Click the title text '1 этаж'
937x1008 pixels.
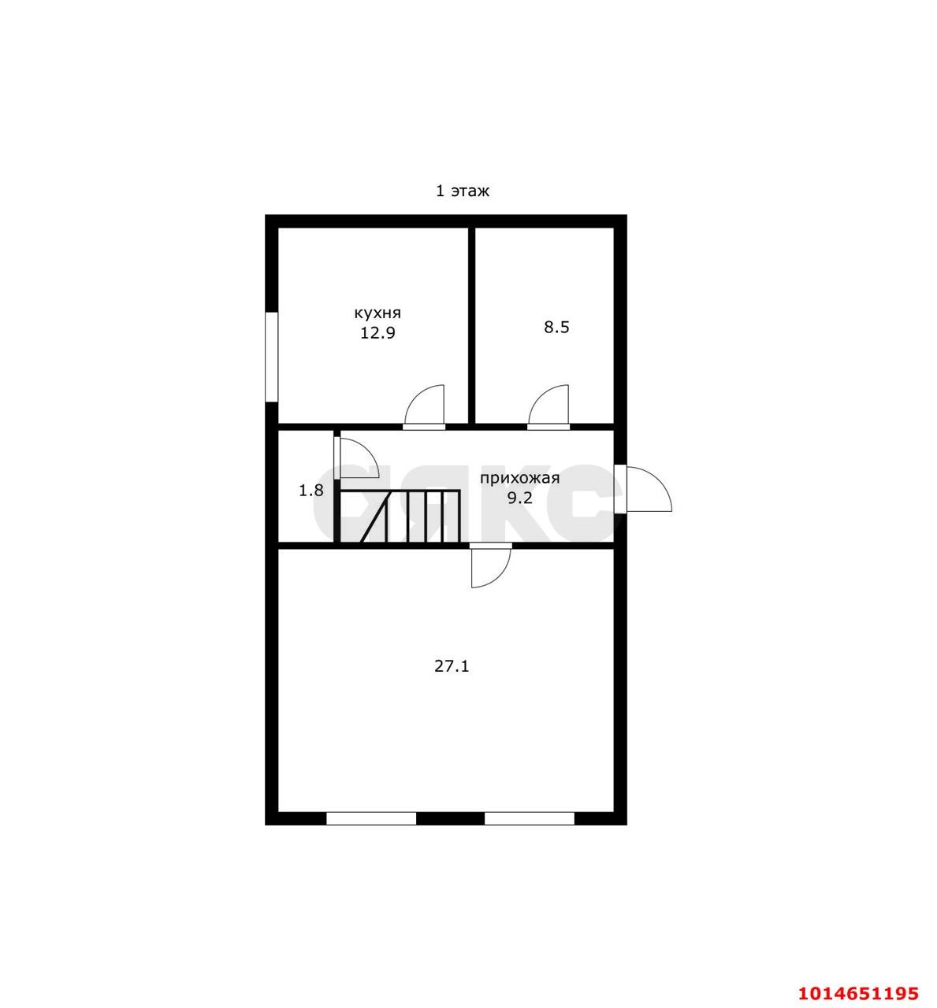coord(463,191)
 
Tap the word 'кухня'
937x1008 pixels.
coord(377,313)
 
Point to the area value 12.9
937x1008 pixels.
coord(377,333)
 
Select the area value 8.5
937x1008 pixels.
coord(556,328)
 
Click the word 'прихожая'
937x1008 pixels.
coord(520,478)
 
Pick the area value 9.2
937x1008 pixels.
coord(520,498)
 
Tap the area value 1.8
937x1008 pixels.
coord(310,491)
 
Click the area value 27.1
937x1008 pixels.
coord(452,666)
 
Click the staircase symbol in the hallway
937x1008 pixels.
coord(400,516)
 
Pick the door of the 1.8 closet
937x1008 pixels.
coord(356,458)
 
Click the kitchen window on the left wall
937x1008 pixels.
coord(272,357)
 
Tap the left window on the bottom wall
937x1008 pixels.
coord(371,819)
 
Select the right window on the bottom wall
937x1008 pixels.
coord(530,819)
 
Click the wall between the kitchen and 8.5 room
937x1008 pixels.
coord(471,325)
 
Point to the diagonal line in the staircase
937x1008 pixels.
coord(376,516)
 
